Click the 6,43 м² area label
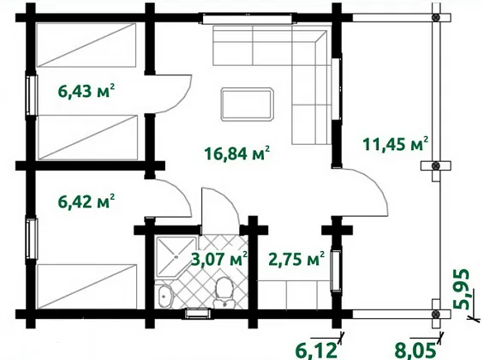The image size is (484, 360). [x=87, y=91]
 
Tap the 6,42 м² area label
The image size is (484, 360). [x=87, y=201]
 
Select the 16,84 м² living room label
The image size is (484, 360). [x=237, y=153]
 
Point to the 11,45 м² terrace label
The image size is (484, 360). [x=396, y=144]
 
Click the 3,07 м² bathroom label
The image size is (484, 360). [x=219, y=259]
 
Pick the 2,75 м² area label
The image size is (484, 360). [x=296, y=259]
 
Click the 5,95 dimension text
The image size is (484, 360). [x=462, y=290]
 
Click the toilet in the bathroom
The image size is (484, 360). [x=224, y=292]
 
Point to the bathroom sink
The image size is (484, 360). [x=164, y=296]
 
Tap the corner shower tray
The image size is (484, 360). [x=176, y=257]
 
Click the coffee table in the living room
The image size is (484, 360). [x=248, y=104]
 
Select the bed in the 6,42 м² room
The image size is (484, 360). [x=87, y=286]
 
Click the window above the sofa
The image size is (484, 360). [x=248, y=18]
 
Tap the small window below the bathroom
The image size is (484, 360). [x=198, y=314]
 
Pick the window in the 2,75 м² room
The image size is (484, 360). [x=336, y=271]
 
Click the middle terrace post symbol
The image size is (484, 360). [x=435, y=165]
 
